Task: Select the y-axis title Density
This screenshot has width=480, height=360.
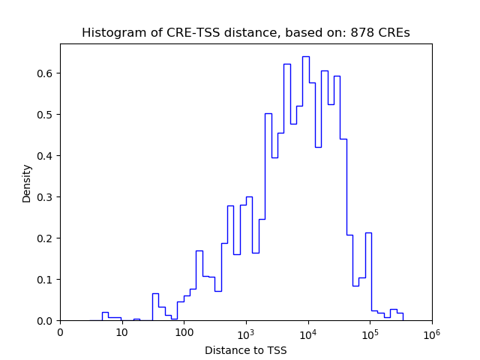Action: pyautogui.click(x=27, y=183)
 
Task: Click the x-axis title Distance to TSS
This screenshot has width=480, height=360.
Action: pyautogui.click(x=246, y=349)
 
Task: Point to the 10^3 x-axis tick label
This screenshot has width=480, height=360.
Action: pyautogui.click(x=246, y=332)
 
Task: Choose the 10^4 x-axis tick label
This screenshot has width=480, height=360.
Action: pyautogui.click(x=308, y=332)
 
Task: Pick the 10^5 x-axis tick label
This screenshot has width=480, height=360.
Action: pyautogui.click(x=370, y=332)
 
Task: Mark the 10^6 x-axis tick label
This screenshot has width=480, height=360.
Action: pyautogui.click(x=432, y=332)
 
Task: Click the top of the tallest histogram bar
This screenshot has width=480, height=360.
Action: pyautogui.click(x=305, y=56)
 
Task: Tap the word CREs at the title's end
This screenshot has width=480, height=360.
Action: pyautogui.click(x=393, y=33)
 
